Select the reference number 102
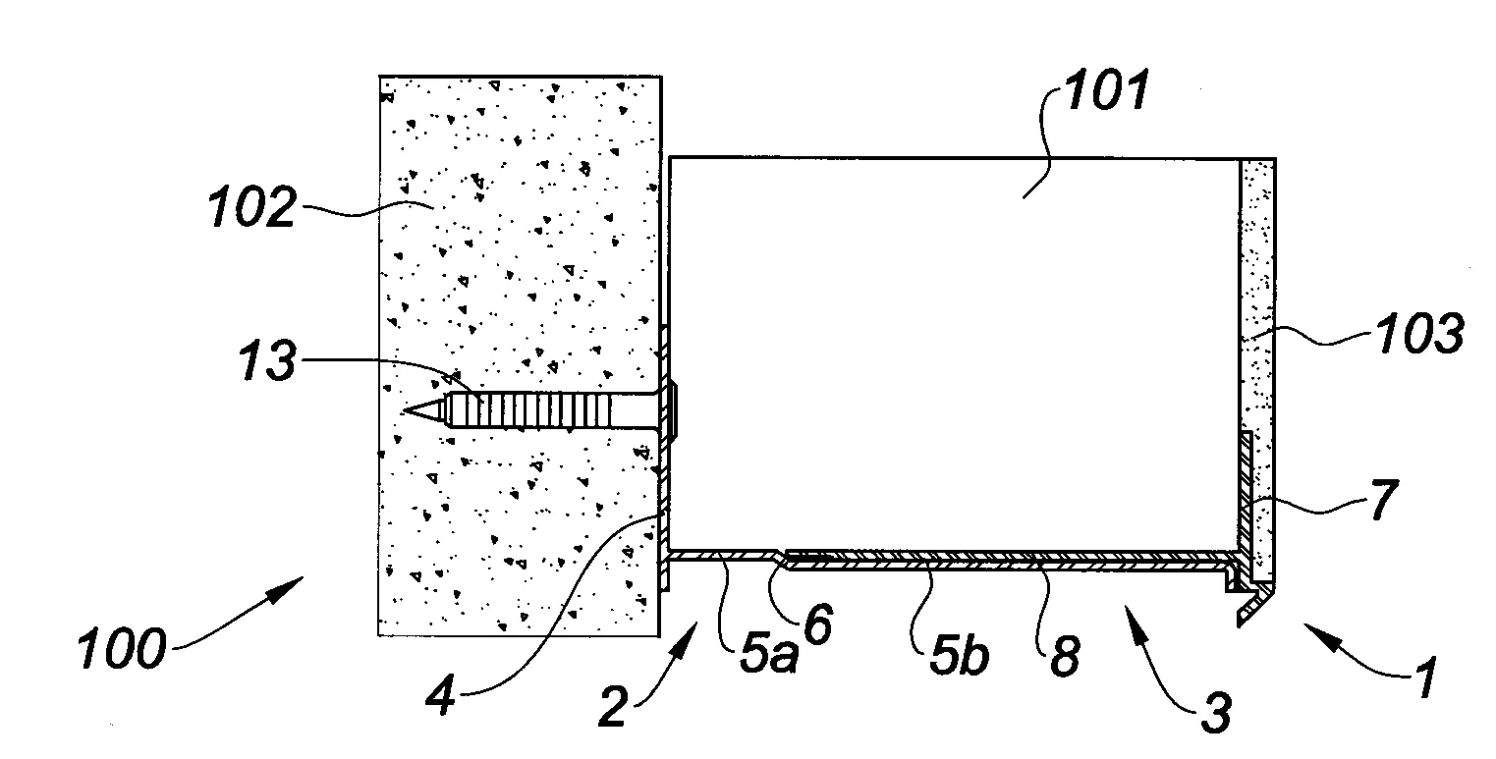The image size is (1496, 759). [x=251, y=207]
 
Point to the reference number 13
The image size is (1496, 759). [x=268, y=360]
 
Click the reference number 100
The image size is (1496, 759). [x=121, y=648]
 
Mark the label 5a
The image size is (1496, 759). [x=769, y=652]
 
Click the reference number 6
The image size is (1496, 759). [x=818, y=623]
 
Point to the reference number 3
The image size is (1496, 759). [x=1215, y=712]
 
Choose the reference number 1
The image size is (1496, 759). [x=1426, y=678]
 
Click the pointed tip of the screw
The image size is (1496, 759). [x=404, y=411]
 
